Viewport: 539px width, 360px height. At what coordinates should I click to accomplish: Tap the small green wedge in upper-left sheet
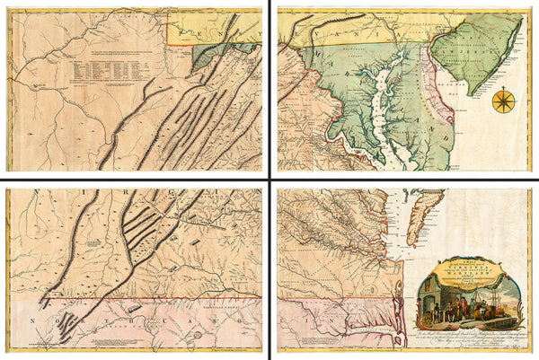[210, 59]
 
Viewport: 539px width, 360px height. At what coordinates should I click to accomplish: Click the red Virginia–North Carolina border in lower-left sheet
[135, 302]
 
